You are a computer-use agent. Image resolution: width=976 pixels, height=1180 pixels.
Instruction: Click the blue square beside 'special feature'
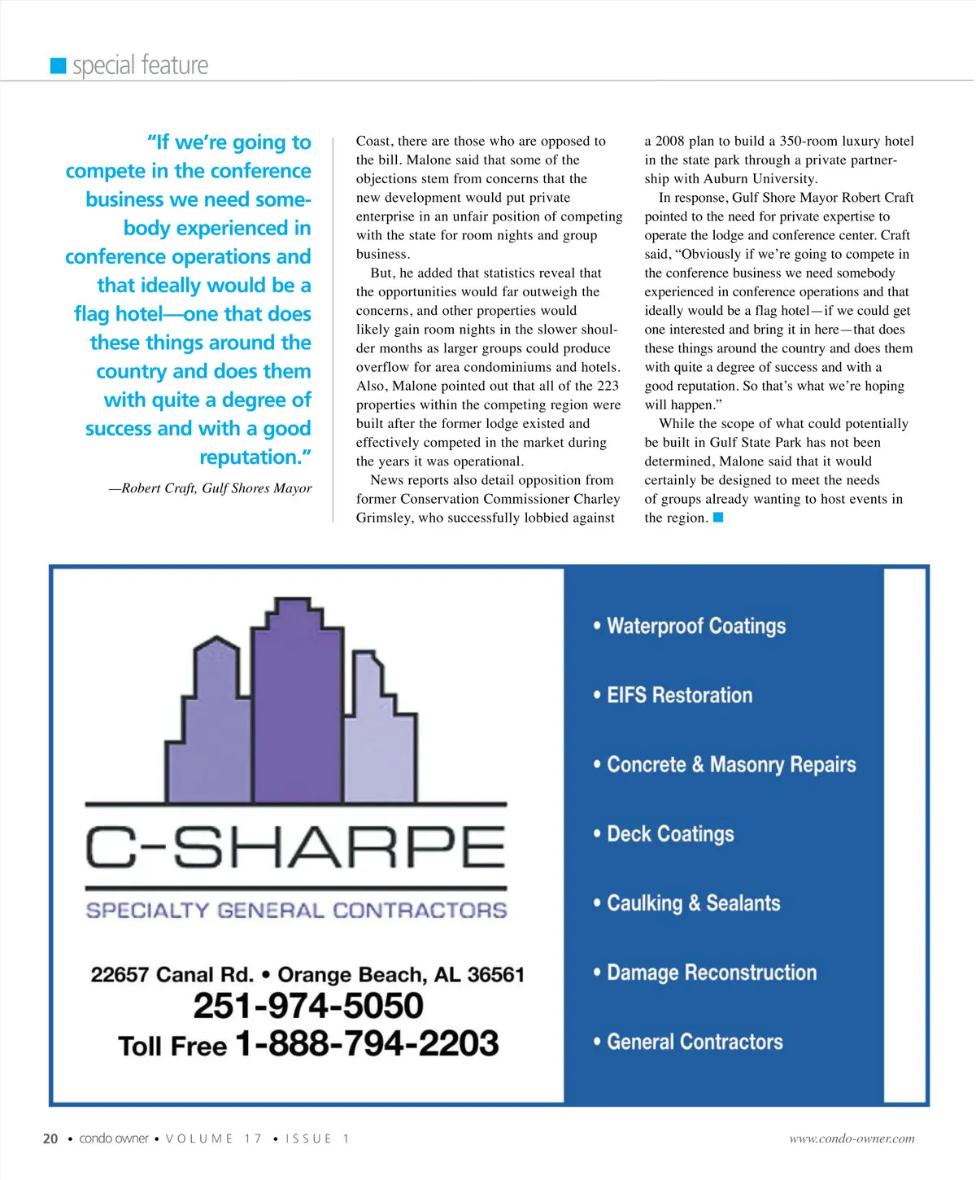point(58,66)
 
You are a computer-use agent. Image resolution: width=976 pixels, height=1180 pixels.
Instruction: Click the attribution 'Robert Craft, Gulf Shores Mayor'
point(210,488)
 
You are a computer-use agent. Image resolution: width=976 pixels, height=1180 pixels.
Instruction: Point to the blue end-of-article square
point(718,518)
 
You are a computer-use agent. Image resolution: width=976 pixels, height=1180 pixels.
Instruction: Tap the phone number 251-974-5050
point(308,1006)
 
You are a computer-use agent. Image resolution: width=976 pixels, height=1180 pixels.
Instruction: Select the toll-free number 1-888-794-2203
point(367,1043)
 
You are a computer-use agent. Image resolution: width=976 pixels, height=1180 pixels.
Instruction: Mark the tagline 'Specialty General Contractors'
point(296,910)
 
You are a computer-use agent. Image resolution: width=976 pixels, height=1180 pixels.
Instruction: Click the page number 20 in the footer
point(50,1138)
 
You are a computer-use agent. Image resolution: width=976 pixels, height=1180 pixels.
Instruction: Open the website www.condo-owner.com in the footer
point(852,1138)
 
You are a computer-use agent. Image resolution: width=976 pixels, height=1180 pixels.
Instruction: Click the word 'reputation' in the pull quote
point(250,457)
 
